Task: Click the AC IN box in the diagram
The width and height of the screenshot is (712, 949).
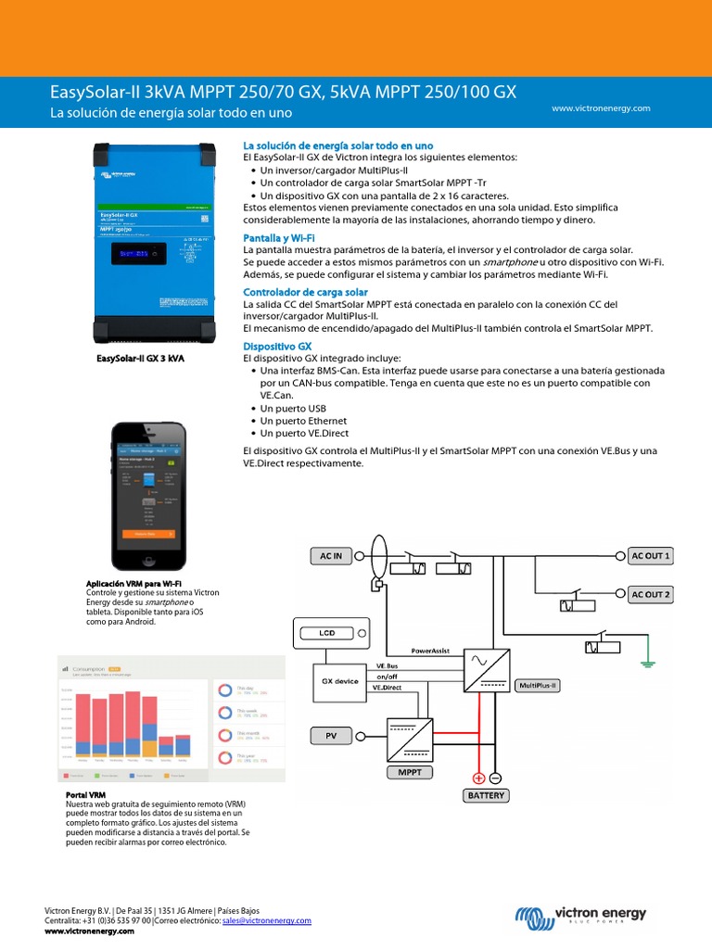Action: pyautogui.click(x=332, y=556)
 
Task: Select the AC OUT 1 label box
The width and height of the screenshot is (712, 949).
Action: pyautogui.click(x=650, y=556)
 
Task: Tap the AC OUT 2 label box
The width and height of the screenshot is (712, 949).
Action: pyautogui.click(x=650, y=594)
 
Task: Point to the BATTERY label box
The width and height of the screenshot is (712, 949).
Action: pyautogui.click(x=486, y=795)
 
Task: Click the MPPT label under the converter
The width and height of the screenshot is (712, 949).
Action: pyautogui.click(x=410, y=771)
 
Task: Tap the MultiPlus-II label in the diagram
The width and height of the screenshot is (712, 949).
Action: pyautogui.click(x=539, y=686)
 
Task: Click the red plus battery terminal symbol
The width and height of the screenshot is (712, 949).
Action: pyautogui.click(x=478, y=778)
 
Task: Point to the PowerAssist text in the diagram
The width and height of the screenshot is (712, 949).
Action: pyautogui.click(x=430, y=652)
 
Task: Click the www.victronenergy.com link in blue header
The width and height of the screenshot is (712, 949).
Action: pyautogui.click(x=601, y=108)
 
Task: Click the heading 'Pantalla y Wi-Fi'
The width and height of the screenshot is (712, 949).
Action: pyautogui.click(x=279, y=238)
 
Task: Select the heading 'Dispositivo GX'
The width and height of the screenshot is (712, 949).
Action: pyautogui.click(x=277, y=346)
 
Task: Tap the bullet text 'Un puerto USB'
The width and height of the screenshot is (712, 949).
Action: pyautogui.click(x=293, y=408)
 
